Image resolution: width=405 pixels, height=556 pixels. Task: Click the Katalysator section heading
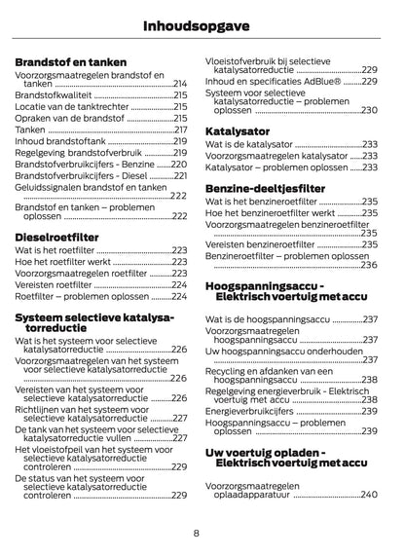click(239, 130)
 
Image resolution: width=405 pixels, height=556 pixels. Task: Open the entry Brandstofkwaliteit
click(54, 97)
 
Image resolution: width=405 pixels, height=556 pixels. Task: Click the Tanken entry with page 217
click(30, 130)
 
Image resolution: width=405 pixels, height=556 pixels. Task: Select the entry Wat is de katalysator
click(249, 144)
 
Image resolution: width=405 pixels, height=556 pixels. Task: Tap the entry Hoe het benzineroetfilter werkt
click(269, 212)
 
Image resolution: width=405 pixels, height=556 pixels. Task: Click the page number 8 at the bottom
click(197, 534)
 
